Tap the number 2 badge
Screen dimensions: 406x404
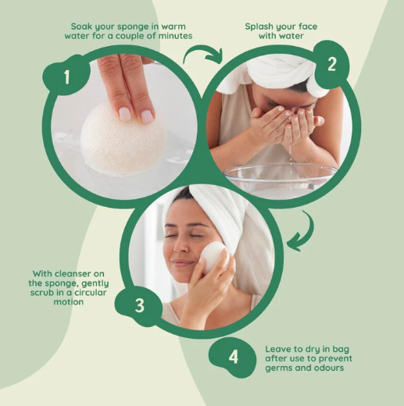(331, 64)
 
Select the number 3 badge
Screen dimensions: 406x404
(139, 305)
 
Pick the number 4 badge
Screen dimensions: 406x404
(233, 357)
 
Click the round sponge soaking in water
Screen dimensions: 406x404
(123, 139)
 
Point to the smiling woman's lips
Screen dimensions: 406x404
(183, 264)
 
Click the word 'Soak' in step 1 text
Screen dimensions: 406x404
(84, 26)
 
